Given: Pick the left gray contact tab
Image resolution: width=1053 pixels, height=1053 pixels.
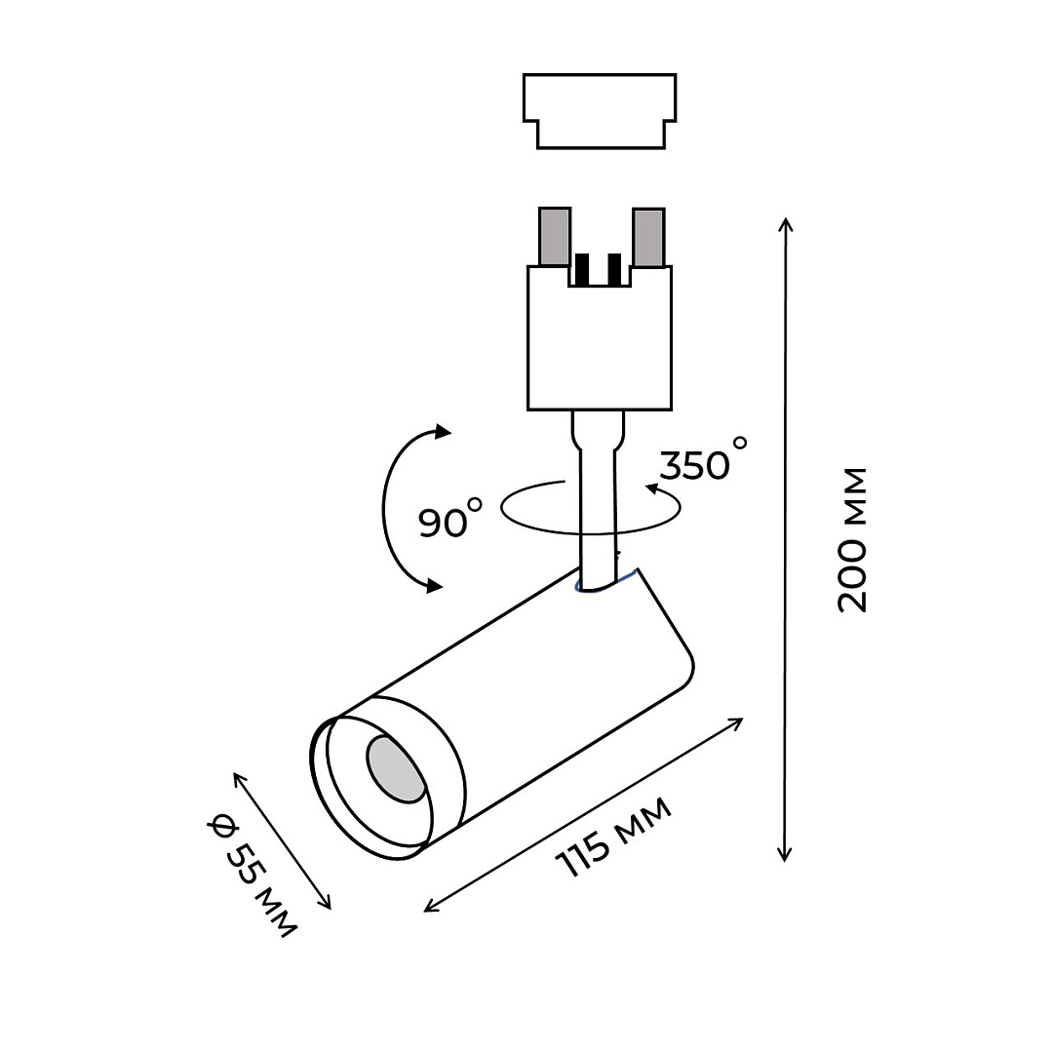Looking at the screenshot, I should click(x=555, y=236).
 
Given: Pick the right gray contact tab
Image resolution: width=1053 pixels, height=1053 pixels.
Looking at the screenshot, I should click(x=648, y=236).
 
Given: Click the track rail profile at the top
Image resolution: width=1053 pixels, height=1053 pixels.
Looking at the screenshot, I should click(x=600, y=110).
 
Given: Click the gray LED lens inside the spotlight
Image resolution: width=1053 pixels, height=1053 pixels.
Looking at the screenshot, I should click(x=394, y=770).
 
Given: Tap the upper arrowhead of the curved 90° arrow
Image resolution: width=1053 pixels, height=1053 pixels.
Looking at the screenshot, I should click(x=444, y=432).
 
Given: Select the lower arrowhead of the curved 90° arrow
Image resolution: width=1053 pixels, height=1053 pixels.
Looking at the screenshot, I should click(x=433, y=585).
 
